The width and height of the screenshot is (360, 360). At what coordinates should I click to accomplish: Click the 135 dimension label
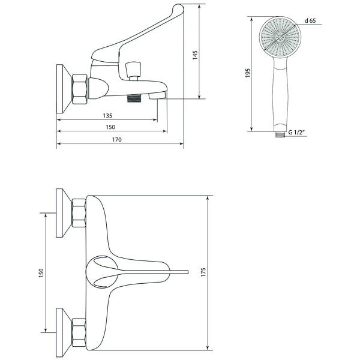coord(107,115)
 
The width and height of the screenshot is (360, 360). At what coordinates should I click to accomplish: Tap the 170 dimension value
coord(116,140)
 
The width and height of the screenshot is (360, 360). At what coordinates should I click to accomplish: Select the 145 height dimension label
coord(195,55)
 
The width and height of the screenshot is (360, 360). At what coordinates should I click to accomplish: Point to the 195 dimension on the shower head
coord(247,73)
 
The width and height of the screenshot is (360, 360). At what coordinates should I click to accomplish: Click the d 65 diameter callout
coord(310,20)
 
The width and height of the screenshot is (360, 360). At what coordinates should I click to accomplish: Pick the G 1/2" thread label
coord(296,133)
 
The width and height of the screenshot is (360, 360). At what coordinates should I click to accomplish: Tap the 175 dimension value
coord(203,272)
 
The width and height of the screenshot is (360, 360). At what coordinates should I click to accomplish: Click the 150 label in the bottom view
coord(41,273)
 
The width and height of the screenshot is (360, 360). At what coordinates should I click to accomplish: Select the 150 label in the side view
coord(110,127)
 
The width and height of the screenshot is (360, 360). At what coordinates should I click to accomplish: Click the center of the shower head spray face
coord(280,37)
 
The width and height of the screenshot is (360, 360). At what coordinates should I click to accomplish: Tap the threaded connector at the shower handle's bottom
coord(280,134)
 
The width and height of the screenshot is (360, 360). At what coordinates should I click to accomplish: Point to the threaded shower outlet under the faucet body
coord(134,98)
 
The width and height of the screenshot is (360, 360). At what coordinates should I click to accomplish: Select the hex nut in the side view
coord(80,89)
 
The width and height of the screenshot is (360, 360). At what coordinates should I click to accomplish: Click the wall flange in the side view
coord(63,89)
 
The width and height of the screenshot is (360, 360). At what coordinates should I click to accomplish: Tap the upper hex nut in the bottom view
coord(79,213)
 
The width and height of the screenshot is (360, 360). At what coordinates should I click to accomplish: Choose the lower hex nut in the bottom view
coord(79,332)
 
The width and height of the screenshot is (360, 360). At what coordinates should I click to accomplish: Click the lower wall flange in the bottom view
coord(63,332)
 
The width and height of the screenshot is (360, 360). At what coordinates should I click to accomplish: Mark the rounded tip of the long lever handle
coord(178,9)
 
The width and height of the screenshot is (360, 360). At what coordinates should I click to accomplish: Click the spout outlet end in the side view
coord(157,95)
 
